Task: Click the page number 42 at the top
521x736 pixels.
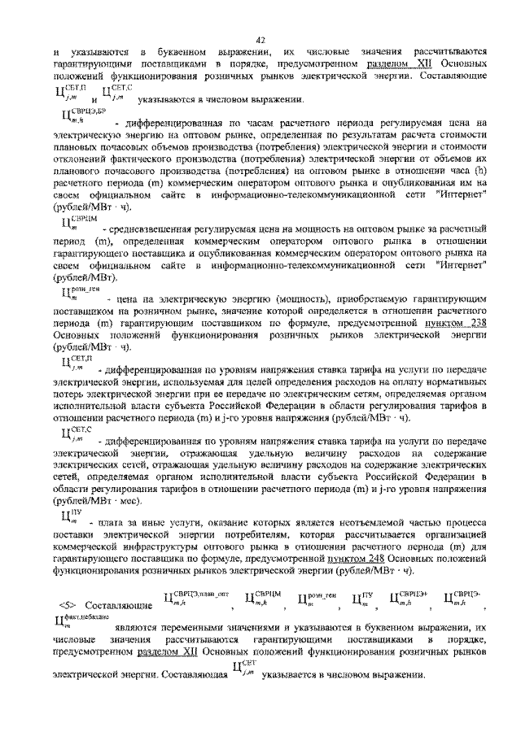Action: (x=260, y=39)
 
